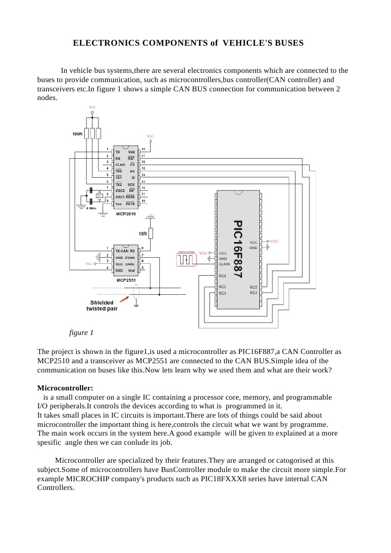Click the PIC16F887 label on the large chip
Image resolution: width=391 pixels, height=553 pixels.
[238, 250]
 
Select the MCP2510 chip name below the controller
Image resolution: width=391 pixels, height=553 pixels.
[126, 214]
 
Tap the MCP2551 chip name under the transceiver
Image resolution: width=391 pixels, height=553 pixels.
[126, 280]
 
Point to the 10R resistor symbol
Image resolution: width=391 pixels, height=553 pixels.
[151, 233]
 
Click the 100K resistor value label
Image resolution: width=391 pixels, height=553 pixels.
[77, 133]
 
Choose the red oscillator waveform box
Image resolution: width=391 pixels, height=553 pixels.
[186, 260]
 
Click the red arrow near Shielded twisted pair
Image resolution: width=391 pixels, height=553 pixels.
[124, 299]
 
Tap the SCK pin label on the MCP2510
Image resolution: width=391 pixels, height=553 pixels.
[131, 184]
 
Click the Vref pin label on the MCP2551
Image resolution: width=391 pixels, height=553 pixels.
[131, 270]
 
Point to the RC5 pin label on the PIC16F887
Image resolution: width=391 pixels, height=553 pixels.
[253, 287]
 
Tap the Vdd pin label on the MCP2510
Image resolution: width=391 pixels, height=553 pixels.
[131, 152]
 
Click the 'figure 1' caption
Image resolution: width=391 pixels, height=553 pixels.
[82, 332]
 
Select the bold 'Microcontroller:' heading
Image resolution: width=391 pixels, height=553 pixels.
[65, 388]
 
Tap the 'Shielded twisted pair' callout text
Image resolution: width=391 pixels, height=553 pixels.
[102, 306]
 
